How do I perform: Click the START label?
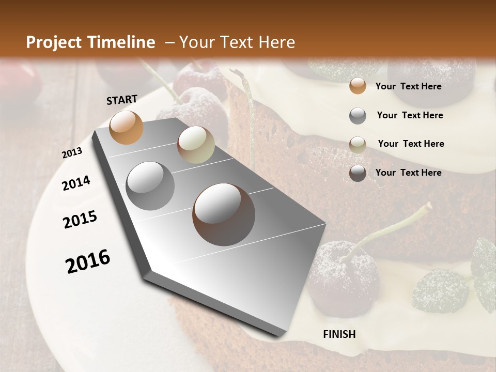122,100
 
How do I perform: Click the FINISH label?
339,334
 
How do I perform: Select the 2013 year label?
72,153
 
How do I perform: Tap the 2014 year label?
76,183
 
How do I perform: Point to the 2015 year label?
80,220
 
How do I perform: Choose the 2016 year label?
88,261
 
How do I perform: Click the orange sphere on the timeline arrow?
126,127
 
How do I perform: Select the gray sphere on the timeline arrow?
150,185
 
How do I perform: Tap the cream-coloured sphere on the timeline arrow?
196,145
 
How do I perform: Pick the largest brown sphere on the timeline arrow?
224,214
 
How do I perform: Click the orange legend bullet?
358,86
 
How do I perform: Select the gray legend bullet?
358,116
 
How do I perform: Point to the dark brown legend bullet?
358,173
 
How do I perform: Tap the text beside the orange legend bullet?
408,86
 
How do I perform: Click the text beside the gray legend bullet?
410,115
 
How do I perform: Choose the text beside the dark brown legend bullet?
408,173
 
